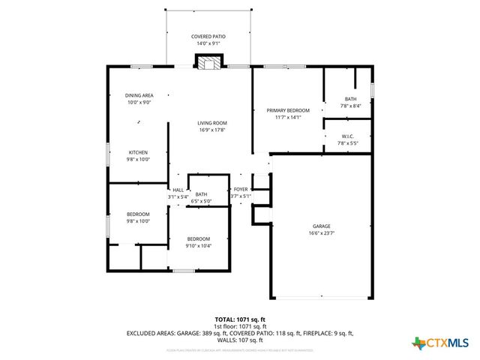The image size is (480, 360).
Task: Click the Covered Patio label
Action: click(208, 36)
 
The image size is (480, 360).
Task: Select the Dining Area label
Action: click(139, 95)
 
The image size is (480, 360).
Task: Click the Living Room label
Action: click(212, 123)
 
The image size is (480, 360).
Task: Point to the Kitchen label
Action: click(138, 152)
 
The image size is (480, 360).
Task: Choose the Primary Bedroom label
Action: click(287, 110)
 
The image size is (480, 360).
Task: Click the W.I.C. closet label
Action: click(347, 136)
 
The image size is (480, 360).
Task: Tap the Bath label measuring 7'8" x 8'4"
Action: click(350, 99)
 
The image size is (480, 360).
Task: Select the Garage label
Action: click(322, 226)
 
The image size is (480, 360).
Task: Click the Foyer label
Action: click(241, 190)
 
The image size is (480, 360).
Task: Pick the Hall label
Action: click(178, 190)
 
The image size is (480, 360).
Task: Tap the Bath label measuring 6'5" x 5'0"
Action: click(202, 194)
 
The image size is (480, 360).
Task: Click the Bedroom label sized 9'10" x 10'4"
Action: click(199, 238)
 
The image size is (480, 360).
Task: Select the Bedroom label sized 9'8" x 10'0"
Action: click(138, 214)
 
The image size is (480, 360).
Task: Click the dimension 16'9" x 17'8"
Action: click(212, 130)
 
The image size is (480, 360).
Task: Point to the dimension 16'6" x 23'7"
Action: click(322, 233)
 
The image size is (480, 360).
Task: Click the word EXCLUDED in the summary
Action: click(142, 333)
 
